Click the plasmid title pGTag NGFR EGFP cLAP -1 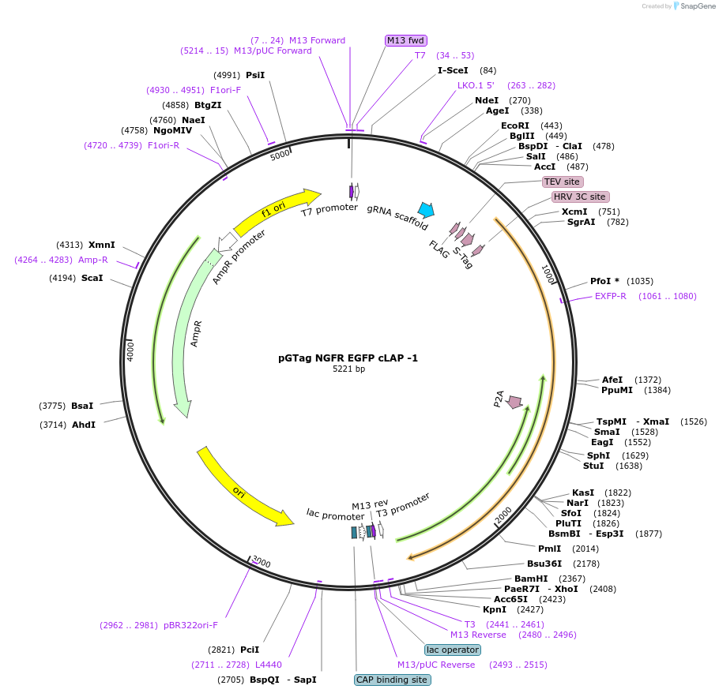[348, 358]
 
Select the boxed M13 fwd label [405, 40]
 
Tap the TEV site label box [562, 182]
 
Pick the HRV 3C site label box [579, 197]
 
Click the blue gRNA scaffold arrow [426, 210]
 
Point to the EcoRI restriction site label [514, 125]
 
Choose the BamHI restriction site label [531, 579]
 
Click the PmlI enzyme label [550, 549]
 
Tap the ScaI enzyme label [92, 278]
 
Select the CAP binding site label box [392, 680]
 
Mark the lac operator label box [452, 650]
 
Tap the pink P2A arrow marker [515, 402]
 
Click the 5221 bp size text [348, 369]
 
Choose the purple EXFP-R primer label [610, 297]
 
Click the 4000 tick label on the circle [130, 351]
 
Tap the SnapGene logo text [695, 6]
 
